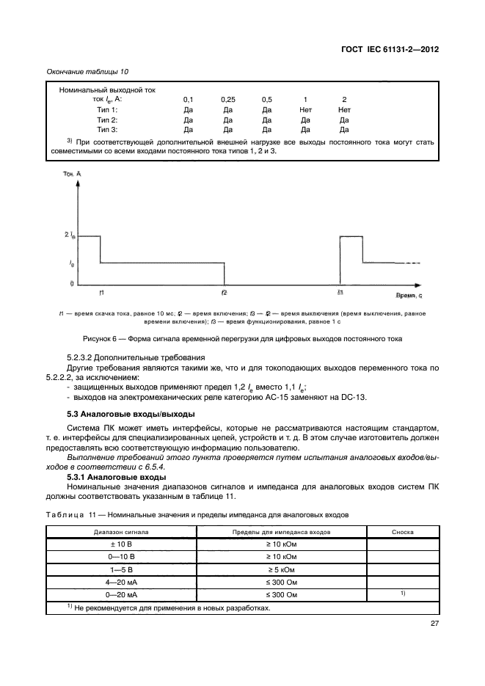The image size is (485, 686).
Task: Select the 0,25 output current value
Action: coord(227,99)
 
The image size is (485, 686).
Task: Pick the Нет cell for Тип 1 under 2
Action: coord(344,109)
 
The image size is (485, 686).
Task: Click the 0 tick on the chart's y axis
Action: coord(72,283)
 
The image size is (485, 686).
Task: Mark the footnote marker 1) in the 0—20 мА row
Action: coord(402,592)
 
